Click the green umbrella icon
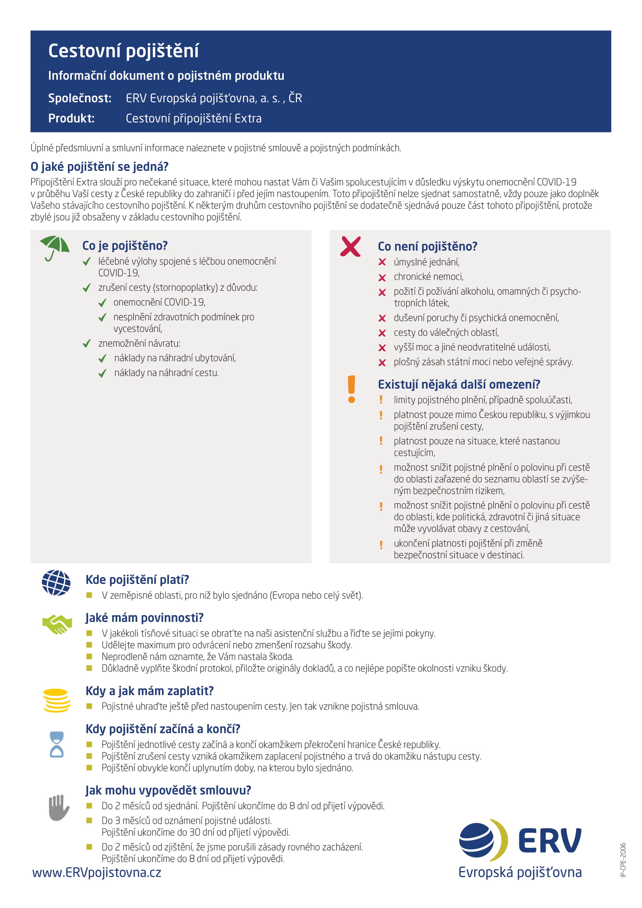tap(55, 248)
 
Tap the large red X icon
tap(350, 247)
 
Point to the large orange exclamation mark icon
tap(351, 389)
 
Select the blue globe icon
tap(56, 583)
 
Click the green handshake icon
tap(57, 625)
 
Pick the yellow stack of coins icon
tap(57, 700)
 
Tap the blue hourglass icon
tap(57, 744)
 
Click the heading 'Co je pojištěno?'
tap(125, 246)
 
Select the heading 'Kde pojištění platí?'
tap(137, 580)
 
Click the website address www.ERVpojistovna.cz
tap(97, 872)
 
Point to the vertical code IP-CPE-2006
tap(623, 860)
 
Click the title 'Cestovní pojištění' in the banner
tap(123, 51)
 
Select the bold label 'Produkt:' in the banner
tap(71, 118)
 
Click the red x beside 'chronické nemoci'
tap(382, 278)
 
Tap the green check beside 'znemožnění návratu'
tap(87, 344)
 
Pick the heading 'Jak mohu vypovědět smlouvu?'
tap(168, 790)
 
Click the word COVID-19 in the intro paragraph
tap(556, 182)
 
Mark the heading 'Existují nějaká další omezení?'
tap(459, 384)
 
